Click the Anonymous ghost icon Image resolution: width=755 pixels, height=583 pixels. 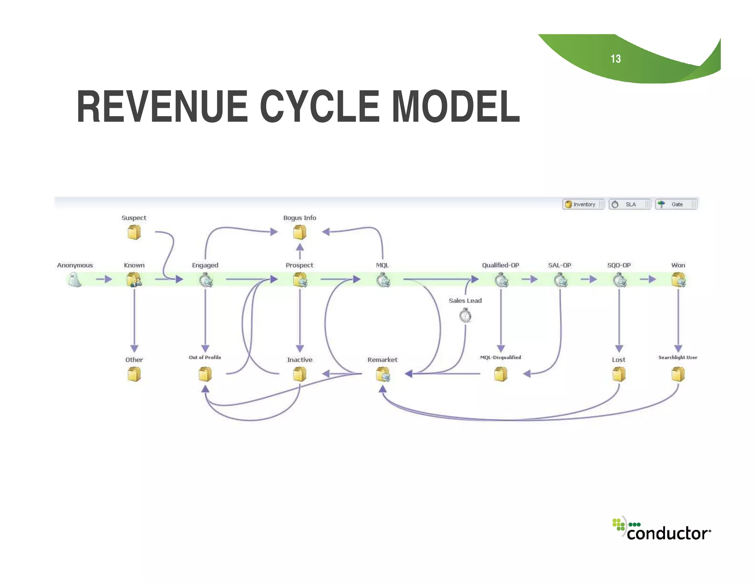(x=75, y=280)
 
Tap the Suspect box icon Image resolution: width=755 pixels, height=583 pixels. (x=134, y=232)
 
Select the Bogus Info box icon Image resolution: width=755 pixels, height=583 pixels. (x=300, y=232)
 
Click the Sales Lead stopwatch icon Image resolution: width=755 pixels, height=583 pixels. (x=465, y=316)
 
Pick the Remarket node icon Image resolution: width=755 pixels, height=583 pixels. (x=383, y=375)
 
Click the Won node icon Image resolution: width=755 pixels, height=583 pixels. (x=678, y=280)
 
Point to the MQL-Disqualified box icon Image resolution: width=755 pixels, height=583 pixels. (x=501, y=374)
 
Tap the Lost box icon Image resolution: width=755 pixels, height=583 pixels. (x=619, y=374)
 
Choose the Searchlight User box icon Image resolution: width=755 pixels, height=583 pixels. (x=678, y=374)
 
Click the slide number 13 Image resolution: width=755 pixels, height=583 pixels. (x=616, y=59)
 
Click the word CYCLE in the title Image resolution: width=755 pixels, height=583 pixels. (x=319, y=107)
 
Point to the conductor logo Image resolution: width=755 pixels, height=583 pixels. (x=662, y=529)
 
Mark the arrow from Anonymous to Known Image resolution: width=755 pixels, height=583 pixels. (x=104, y=279)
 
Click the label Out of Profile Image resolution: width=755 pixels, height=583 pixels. (x=205, y=357)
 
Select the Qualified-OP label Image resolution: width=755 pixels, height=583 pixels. (x=500, y=265)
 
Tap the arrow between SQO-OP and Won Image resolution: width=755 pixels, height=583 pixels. (x=648, y=279)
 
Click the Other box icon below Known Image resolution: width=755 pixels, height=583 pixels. (x=134, y=374)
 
